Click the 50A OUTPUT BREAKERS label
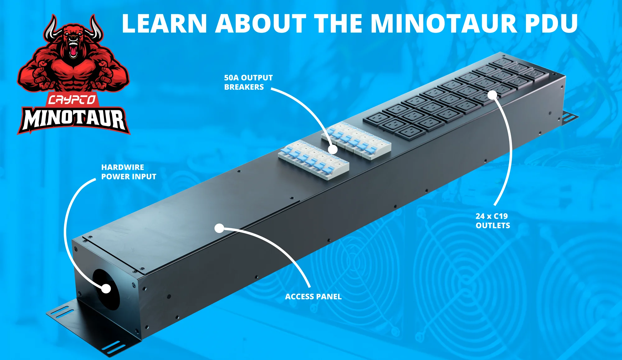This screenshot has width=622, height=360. [248, 82]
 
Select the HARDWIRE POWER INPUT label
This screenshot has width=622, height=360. [128, 172]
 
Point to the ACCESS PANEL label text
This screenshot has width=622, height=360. [313, 297]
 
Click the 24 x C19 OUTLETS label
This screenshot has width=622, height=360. [493, 221]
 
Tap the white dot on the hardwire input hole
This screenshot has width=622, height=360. [106, 288]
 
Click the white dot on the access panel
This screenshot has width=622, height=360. [219, 228]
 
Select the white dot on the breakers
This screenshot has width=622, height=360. [333, 149]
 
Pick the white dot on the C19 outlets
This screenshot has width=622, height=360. [492, 95]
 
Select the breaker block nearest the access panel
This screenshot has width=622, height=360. [313, 160]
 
